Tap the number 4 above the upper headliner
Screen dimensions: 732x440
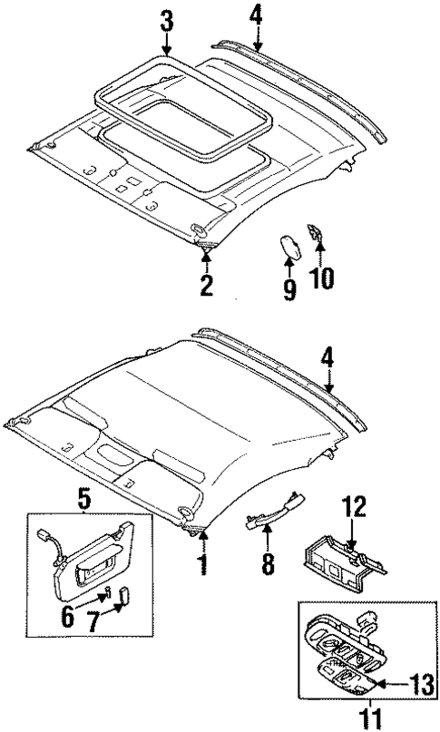(257, 15)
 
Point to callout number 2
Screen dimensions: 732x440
(207, 287)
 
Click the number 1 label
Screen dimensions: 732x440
(203, 563)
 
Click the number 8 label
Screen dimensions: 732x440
(267, 565)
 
